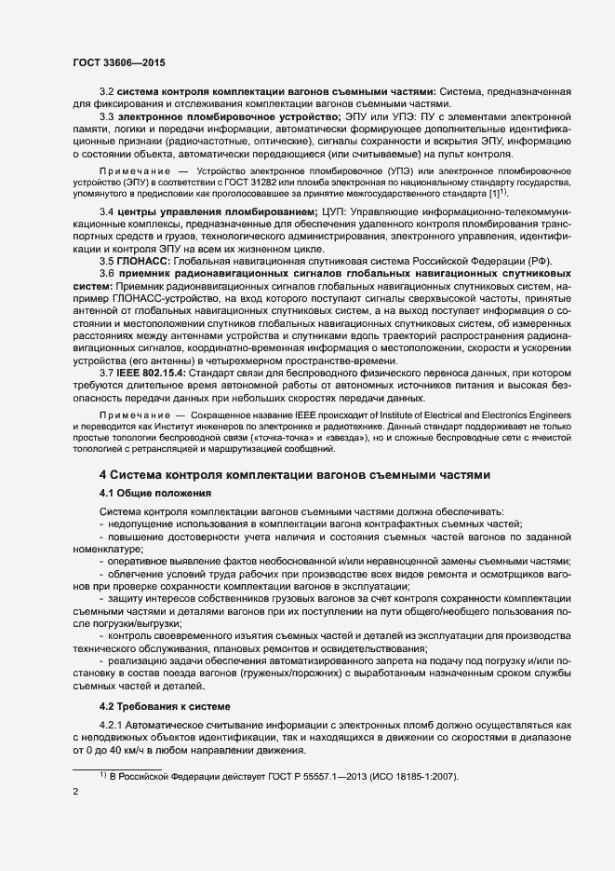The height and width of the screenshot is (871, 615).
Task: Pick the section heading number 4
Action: [x=103, y=473]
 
